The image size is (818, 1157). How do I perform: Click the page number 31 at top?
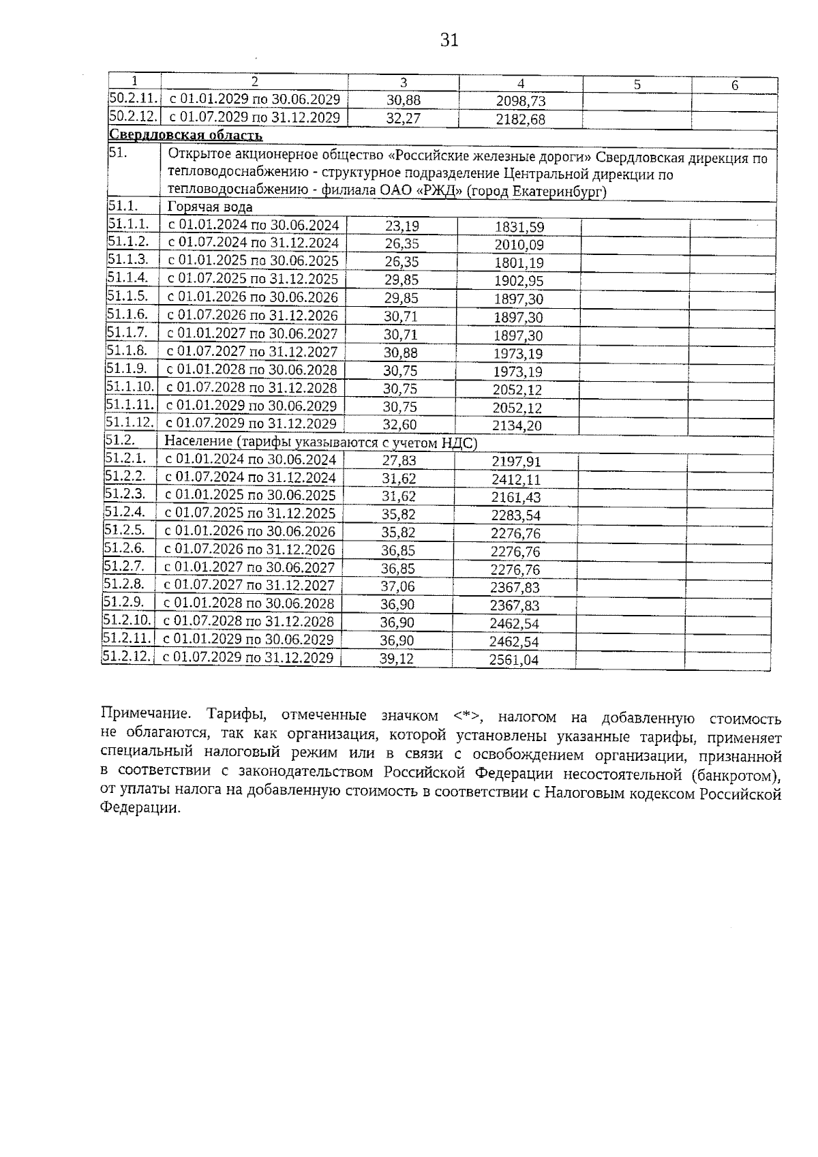click(x=449, y=40)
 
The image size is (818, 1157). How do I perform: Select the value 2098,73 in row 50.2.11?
click(x=521, y=102)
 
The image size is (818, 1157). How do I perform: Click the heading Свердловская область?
click(x=185, y=136)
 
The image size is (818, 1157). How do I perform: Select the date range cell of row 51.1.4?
click(x=253, y=279)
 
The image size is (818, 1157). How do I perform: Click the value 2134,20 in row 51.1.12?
click(x=517, y=426)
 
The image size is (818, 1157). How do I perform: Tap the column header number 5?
click(x=637, y=85)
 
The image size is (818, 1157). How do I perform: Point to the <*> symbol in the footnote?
click(x=468, y=717)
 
